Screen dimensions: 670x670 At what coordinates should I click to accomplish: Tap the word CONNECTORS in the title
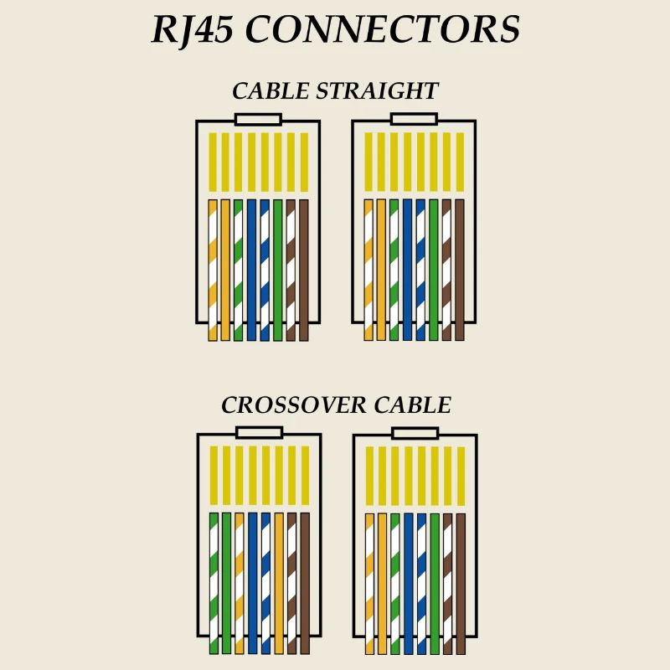coord(384,31)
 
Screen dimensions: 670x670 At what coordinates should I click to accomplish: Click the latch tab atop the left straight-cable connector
coord(258,120)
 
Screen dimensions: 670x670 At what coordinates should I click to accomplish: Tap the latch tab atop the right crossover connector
coord(415,434)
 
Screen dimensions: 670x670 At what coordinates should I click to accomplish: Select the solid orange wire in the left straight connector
coord(225,268)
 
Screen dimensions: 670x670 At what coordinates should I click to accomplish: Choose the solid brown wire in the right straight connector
coord(460,268)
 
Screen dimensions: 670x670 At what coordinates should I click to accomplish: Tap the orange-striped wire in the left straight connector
coord(213,268)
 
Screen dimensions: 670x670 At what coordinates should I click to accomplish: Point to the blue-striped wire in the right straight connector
coord(420,268)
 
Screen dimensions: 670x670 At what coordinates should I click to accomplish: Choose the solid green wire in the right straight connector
coord(434,268)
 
